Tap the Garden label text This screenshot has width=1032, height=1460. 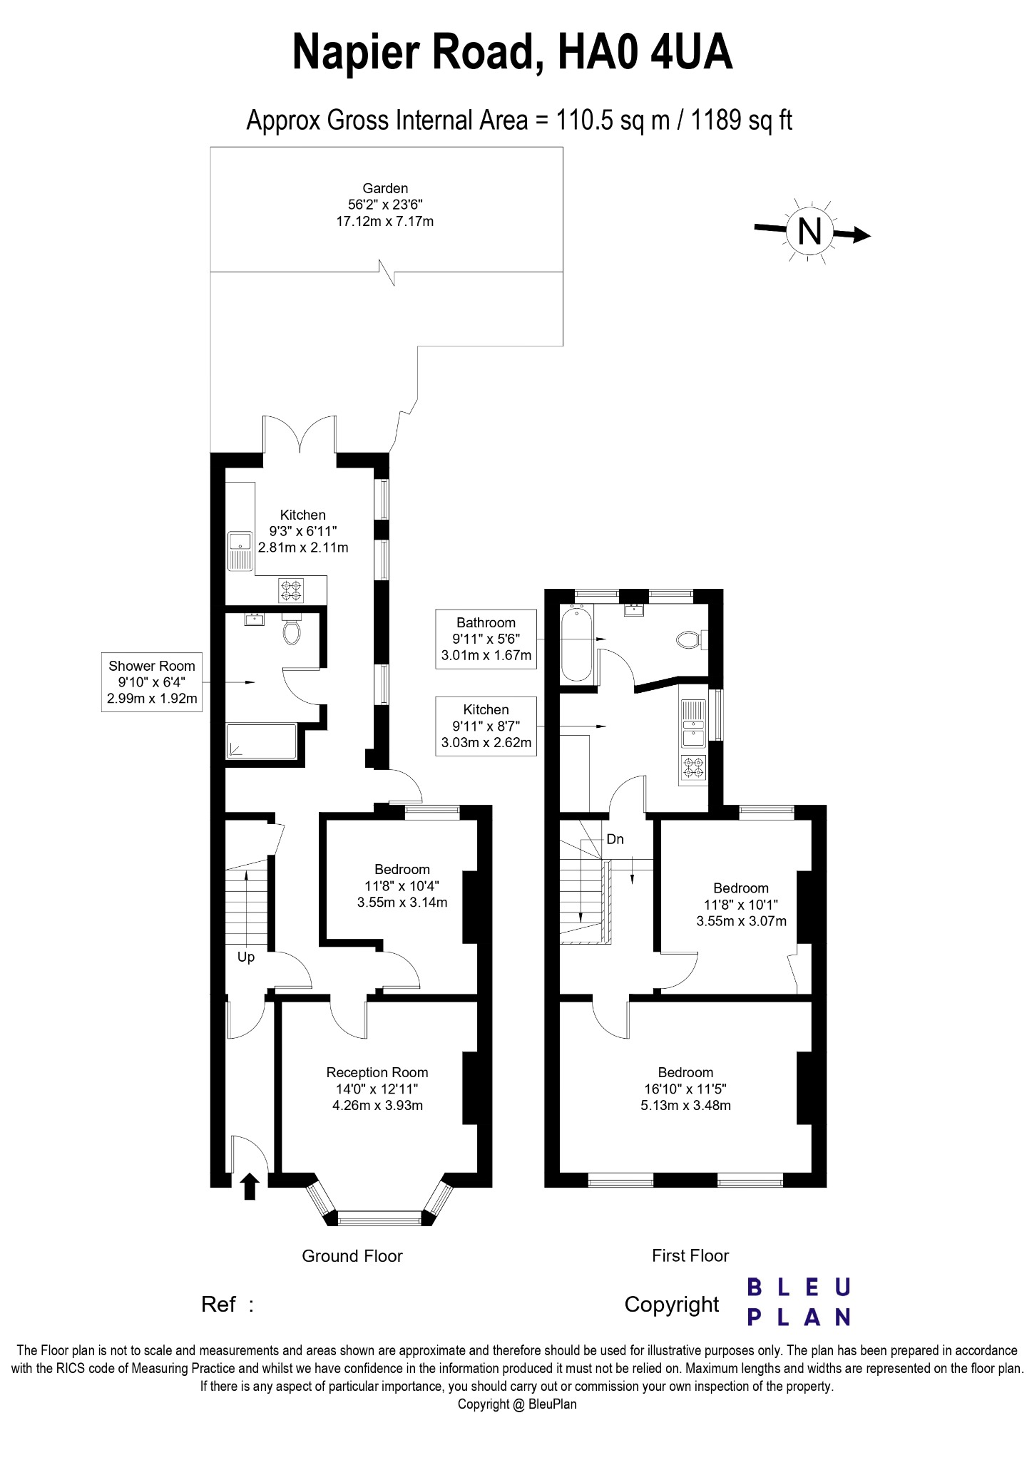pos(385,188)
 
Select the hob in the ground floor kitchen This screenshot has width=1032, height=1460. pos(291,590)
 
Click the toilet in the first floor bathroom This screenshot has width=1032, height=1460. pos(689,639)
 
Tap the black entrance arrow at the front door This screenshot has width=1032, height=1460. pos(249,1187)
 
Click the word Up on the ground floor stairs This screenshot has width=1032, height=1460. pos(245,957)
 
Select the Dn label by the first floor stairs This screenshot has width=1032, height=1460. pos(615,839)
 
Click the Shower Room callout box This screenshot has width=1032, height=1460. pos(151,682)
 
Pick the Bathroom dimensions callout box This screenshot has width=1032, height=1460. pos(486,639)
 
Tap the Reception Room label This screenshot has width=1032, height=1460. pos(377,1072)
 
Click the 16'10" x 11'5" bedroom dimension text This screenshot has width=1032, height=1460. pos(685,1089)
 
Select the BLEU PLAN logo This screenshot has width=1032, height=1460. pos(798,1302)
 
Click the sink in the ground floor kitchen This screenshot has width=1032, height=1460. pos(240,551)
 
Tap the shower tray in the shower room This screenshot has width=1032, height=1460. pos(260,741)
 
